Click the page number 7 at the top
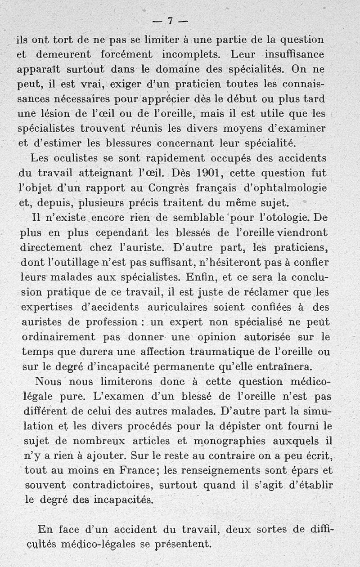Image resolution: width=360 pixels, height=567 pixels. tap(171, 20)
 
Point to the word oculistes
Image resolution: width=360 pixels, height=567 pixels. tap(71, 158)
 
